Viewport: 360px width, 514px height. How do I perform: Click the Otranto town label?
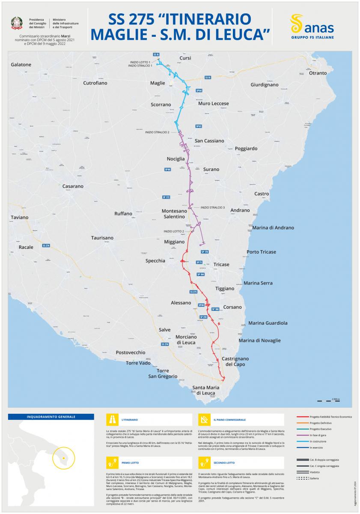click(318, 73)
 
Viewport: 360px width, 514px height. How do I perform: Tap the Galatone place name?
click(21, 65)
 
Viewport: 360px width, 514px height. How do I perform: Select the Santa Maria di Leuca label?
click(206, 390)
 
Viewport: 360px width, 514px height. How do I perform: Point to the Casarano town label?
click(73, 186)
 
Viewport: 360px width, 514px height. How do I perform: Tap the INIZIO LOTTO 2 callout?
click(173, 231)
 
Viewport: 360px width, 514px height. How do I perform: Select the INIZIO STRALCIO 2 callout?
click(157, 132)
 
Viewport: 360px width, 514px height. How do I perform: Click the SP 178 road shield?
click(205, 252)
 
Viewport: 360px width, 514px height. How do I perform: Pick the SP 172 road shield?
click(167, 197)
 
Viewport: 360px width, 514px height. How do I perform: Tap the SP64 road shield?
click(199, 91)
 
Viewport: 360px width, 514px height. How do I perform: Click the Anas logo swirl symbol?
click(296, 25)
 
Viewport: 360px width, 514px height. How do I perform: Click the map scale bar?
click(328, 401)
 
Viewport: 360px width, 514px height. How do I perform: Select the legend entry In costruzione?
click(318, 441)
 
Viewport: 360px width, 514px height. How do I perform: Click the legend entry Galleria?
click(315, 478)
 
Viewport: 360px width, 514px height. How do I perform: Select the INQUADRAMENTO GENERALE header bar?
click(51, 416)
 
